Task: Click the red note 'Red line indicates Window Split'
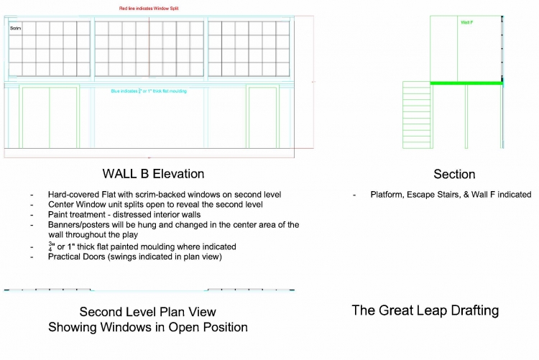(x=149, y=8)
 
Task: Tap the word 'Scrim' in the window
(x=15, y=28)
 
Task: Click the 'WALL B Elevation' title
(x=153, y=174)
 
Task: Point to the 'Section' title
(x=454, y=175)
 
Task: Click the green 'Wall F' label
(x=466, y=22)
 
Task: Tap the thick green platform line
(x=466, y=83)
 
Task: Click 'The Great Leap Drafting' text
(x=425, y=310)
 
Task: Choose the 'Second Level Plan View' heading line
(x=147, y=312)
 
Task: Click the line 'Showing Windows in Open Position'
(x=147, y=328)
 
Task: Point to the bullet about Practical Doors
(x=135, y=257)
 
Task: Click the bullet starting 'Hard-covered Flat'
(x=164, y=195)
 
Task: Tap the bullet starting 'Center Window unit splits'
(x=160, y=205)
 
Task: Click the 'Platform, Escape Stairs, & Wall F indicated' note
(x=451, y=195)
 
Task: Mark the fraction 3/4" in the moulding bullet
(x=51, y=246)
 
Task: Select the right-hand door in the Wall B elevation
(x=262, y=118)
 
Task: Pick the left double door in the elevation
(x=50, y=118)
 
